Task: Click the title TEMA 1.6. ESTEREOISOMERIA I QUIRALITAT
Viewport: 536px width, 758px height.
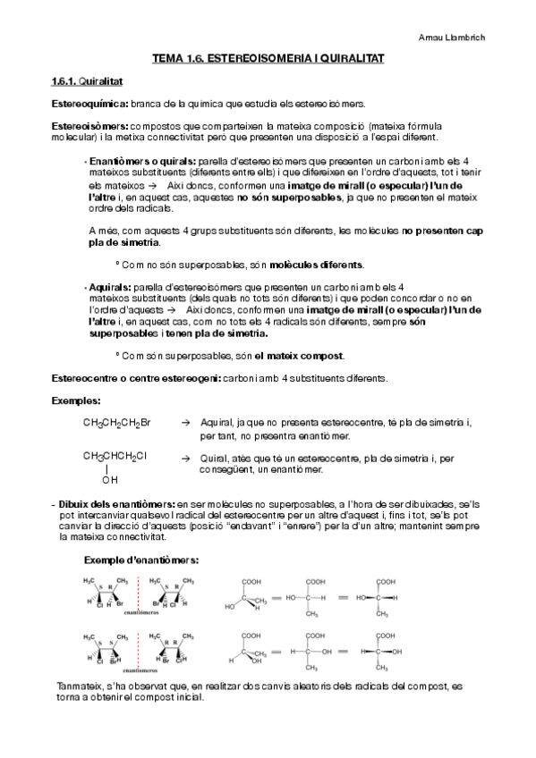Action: coord(268,57)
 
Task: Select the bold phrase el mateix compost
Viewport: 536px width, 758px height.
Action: coord(304,356)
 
